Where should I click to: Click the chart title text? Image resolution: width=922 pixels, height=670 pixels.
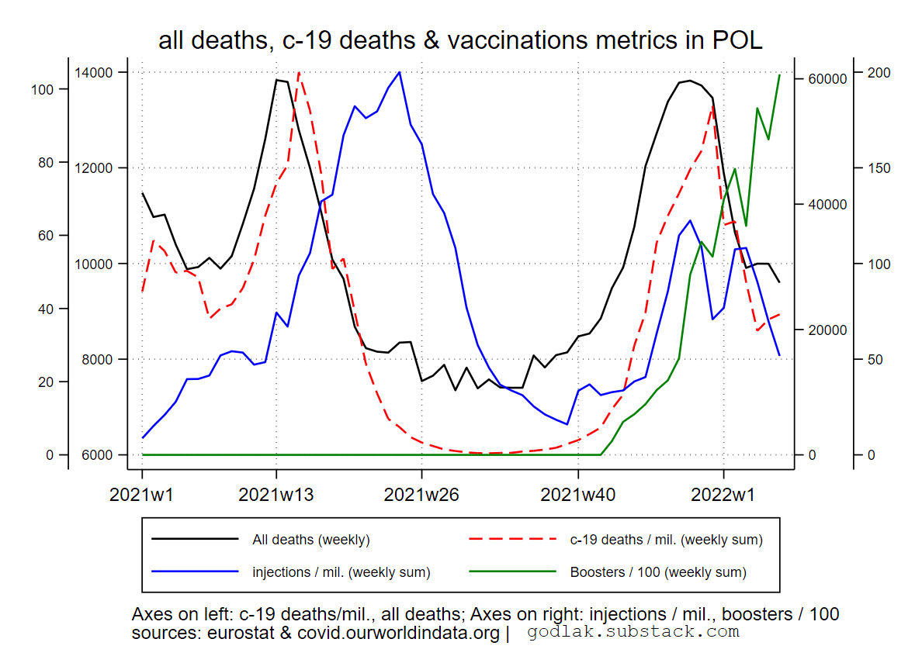460,40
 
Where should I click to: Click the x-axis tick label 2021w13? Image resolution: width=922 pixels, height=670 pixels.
276,494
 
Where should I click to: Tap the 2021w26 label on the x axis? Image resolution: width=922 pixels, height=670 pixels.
421,494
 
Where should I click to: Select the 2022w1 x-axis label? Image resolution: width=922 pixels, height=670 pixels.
723,494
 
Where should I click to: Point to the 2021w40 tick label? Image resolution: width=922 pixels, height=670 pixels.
578,494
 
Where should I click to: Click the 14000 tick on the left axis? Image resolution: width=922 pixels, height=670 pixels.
94,73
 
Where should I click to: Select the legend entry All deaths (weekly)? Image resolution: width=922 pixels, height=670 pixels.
310,540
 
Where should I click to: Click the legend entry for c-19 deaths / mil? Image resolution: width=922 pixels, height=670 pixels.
666,540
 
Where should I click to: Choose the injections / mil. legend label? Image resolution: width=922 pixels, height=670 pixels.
341,572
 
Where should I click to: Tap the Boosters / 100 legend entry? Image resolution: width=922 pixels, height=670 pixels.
658,572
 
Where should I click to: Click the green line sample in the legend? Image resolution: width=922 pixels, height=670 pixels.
513,572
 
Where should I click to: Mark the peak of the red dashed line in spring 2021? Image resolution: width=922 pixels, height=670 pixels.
299,72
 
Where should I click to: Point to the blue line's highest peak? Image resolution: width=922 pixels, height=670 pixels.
399,72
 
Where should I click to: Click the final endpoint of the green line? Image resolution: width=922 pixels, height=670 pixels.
779,75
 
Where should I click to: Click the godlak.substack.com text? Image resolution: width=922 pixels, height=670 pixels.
633,632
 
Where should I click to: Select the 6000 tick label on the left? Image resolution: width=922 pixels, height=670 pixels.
94,455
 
